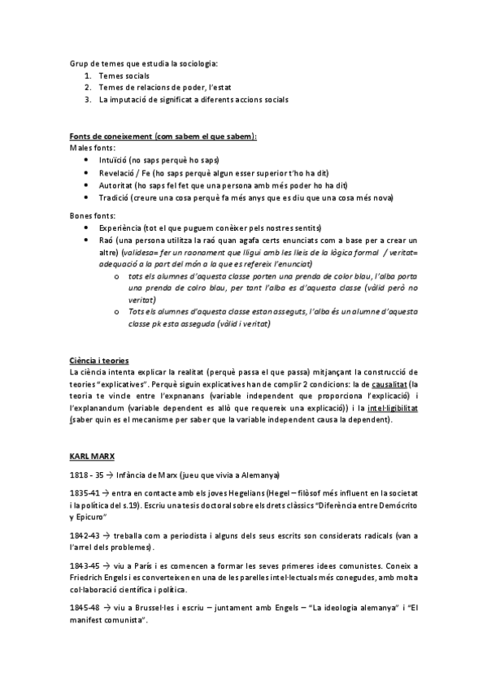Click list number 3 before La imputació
click(87, 99)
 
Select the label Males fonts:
click(92, 149)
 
